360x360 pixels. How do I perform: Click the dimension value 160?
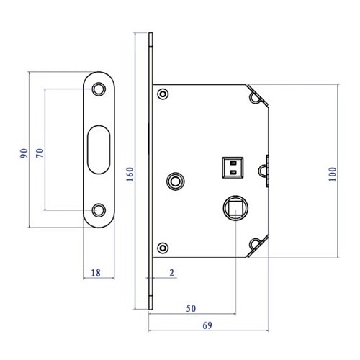pyautogui.click(x=130, y=174)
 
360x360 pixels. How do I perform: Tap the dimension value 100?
pyautogui.click(x=333, y=174)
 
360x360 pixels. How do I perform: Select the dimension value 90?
pyautogui.click(x=24, y=153)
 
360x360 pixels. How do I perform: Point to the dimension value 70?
pyautogui.click(x=40, y=153)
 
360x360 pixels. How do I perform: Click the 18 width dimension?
pyautogui.click(x=96, y=273)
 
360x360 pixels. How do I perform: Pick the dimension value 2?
pyautogui.click(x=171, y=273)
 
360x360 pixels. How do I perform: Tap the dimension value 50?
pyautogui.click(x=191, y=308)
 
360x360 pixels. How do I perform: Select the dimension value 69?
pyautogui.click(x=207, y=325)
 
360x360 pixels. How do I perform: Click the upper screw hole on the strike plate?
pyautogui.click(x=99, y=89)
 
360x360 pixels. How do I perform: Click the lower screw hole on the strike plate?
pyautogui.click(x=99, y=210)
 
